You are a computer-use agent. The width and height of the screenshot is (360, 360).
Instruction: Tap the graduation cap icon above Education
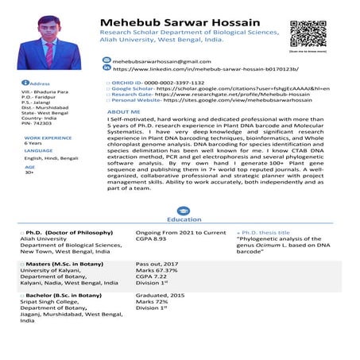click(x=179, y=210)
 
